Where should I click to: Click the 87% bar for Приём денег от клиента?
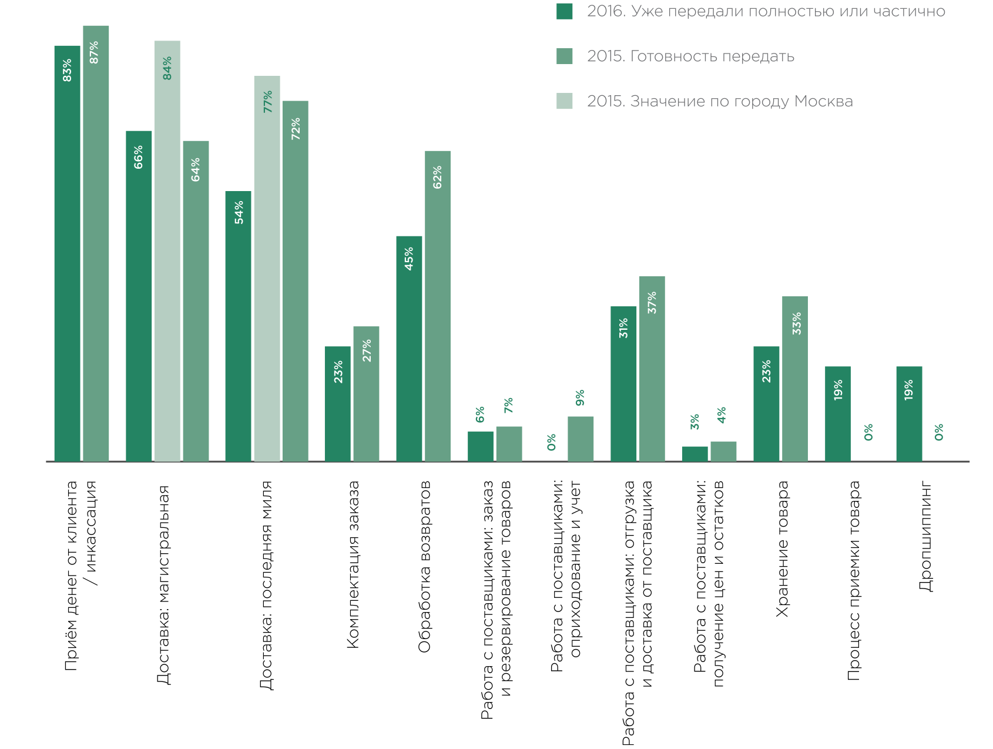point(96,243)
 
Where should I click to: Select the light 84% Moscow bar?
point(167,251)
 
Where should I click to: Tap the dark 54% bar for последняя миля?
point(238,326)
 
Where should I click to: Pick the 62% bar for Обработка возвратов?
point(438,306)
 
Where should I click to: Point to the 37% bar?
point(652,369)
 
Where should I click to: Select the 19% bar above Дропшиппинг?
point(909,414)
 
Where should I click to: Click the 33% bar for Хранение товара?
point(795,379)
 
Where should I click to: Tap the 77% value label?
point(268,102)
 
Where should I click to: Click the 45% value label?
point(409,259)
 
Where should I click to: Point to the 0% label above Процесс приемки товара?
point(868,432)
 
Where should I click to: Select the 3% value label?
point(695,422)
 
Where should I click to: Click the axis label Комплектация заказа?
point(353,564)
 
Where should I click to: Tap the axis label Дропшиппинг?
point(925,536)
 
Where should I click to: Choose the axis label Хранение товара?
point(782,549)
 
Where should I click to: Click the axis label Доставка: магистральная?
point(163,584)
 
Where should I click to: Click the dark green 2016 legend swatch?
point(564,11)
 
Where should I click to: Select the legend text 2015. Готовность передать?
point(690,56)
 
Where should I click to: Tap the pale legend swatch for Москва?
point(564,101)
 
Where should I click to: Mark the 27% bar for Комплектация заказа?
point(366,394)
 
